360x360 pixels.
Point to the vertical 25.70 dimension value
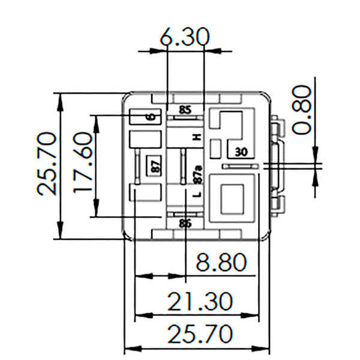46,164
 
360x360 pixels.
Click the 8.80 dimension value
221,263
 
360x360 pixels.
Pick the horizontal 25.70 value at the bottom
200,334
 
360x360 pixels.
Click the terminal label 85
185,110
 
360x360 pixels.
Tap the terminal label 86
185,223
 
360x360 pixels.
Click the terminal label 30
242,151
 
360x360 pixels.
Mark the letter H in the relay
196,137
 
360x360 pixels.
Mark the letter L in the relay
196,195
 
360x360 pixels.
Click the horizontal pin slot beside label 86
185,214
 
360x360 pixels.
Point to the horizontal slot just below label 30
240,165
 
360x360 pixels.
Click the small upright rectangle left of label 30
218,147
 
